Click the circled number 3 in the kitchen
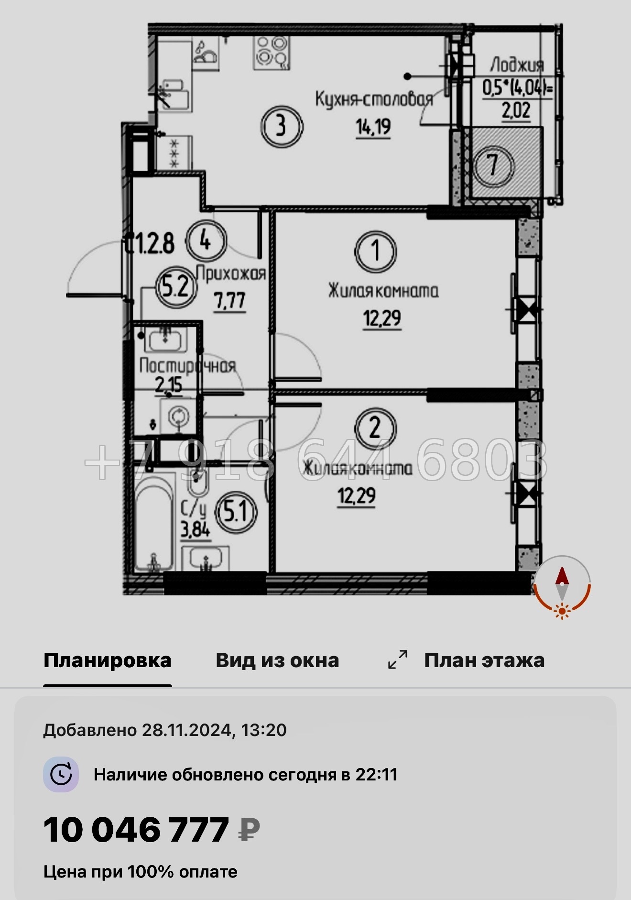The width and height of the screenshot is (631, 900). (x=282, y=126)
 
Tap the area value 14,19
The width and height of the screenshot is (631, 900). (x=373, y=127)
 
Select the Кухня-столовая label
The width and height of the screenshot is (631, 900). (x=374, y=99)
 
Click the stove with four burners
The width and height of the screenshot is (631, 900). (x=272, y=52)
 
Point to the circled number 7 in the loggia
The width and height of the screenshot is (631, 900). (x=493, y=165)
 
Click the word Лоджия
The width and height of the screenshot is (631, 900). (x=517, y=65)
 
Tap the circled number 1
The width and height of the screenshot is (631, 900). (x=376, y=251)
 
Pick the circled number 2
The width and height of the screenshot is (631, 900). (x=375, y=428)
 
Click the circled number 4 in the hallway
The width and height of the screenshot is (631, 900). (x=206, y=240)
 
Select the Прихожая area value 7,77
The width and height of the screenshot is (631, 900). (x=230, y=301)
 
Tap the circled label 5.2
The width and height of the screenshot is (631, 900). (x=176, y=287)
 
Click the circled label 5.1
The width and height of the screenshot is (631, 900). (x=237, y=512)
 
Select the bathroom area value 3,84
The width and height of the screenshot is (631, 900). (x=195, y=529)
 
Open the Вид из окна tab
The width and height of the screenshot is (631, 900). (x=277, y=660)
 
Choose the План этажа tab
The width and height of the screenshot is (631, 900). (x=484, y=660)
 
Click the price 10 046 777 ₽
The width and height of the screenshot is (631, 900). (x=152, y=830)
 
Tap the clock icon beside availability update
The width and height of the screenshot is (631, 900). (x=61, y=774)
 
